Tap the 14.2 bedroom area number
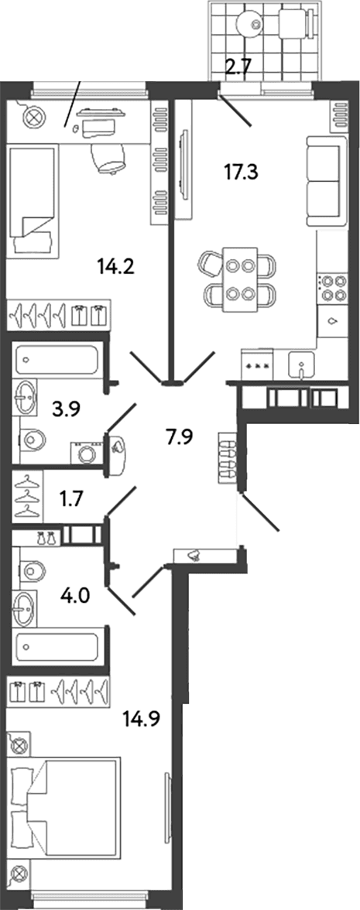pos(116,267)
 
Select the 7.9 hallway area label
pos(180,437)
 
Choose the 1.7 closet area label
pos(73,498)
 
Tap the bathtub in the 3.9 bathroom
pos(57,360)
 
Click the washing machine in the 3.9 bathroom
pos(86,453)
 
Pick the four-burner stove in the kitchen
pos(331,288)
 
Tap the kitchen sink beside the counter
pos(301,364)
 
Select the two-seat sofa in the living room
pos(323,181)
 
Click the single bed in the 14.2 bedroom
pos(33,201)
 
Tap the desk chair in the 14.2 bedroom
pos(108,156)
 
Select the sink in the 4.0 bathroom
pos(25,608)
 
